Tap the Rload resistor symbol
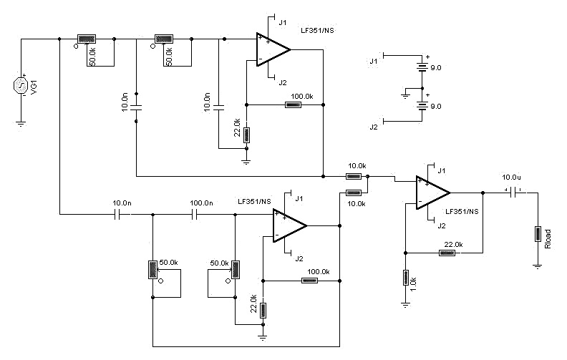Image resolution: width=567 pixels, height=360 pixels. coord(536,234)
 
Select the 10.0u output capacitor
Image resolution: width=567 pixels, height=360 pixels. coord(513,192)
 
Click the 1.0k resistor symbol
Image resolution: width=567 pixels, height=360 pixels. coord(405,278)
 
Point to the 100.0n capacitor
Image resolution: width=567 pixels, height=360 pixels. coord(194,214)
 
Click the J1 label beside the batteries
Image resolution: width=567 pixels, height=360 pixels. coord(373,62)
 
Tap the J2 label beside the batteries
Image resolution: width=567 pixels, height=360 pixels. coord(373,127)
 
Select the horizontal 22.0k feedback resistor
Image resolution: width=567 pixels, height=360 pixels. coord(447,252)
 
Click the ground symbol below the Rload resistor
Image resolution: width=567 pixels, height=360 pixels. coord(536,266)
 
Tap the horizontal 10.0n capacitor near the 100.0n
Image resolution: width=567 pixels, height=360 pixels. coord(121,214)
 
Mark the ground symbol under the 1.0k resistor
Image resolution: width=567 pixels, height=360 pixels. coord(405,304)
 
